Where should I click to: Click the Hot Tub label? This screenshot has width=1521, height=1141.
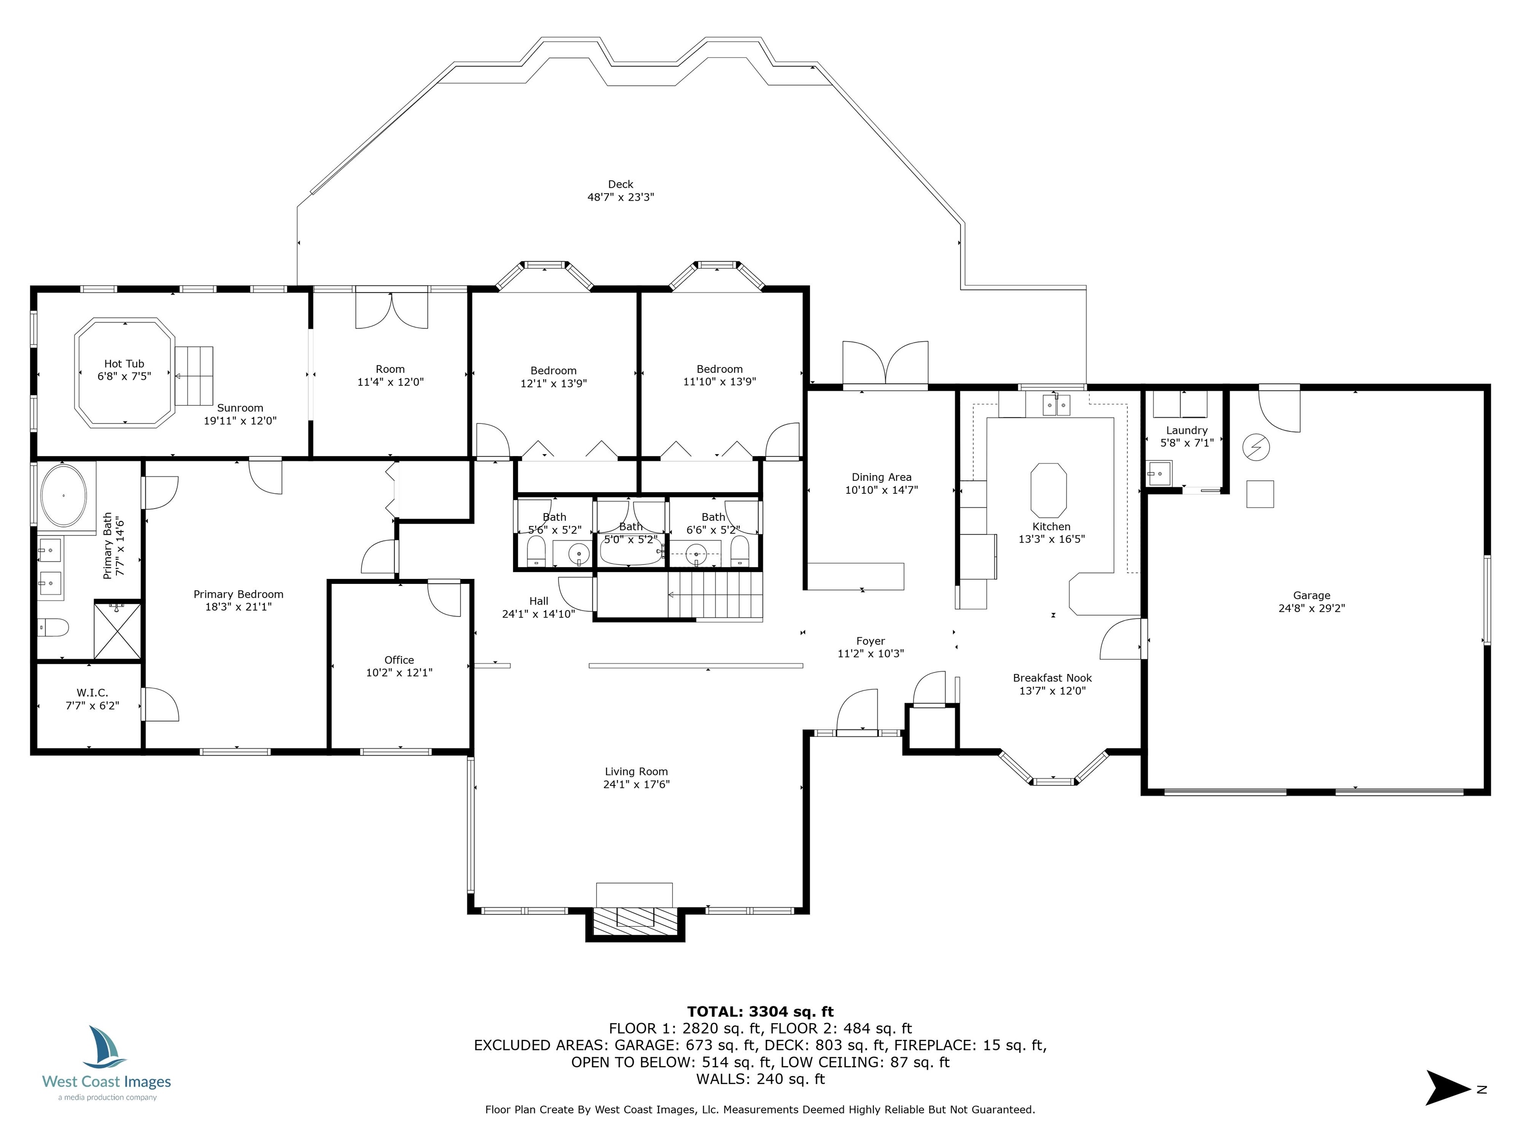(124, 364)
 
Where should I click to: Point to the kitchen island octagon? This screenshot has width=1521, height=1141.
(1049, 490)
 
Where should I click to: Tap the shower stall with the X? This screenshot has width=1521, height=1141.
(117, 630)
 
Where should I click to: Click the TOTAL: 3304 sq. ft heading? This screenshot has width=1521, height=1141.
(760, 1012)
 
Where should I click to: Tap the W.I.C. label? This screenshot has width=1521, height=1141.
(92, 693)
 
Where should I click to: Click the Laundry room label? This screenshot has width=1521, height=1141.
(1187, 430)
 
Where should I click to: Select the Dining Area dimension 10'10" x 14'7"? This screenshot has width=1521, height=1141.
(881, 490)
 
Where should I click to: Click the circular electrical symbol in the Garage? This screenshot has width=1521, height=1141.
(1256, 448)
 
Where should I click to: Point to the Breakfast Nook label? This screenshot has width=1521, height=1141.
(1052, 678)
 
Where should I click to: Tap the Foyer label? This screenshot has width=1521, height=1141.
(870, 641)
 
